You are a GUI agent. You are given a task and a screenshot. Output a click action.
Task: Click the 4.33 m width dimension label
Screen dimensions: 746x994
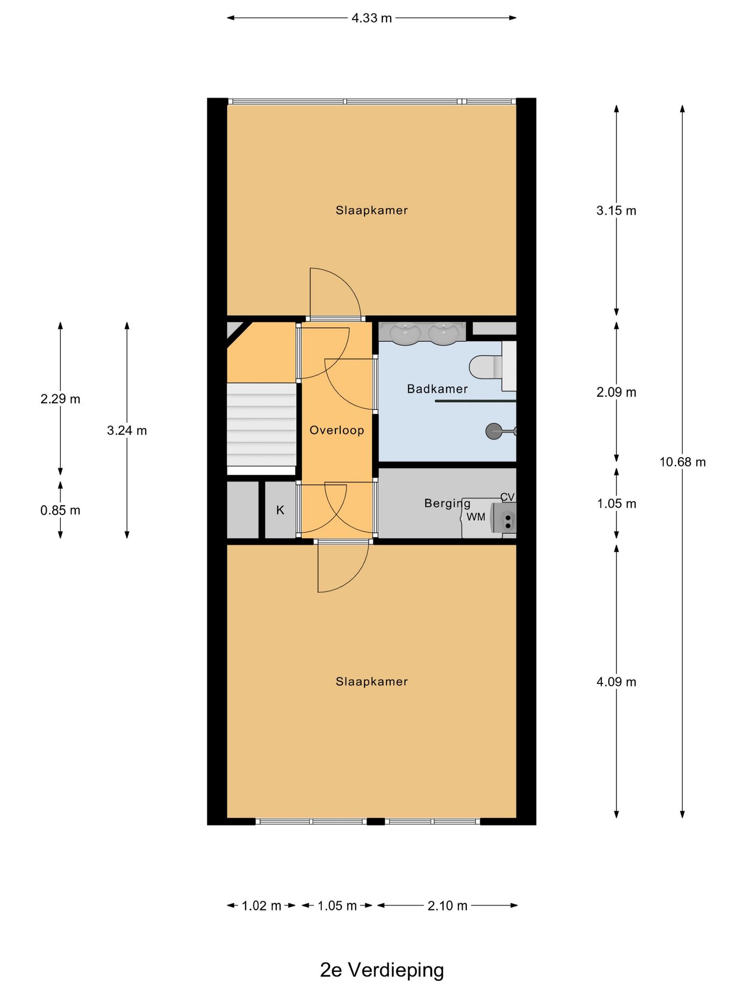[x=371, y=18]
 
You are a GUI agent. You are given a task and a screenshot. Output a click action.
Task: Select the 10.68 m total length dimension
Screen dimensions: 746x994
[x=682, y=462]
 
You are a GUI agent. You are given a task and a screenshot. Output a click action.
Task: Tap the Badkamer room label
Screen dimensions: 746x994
[x=437, y=389]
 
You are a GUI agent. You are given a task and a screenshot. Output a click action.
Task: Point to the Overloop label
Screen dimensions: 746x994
[x=337, y=430]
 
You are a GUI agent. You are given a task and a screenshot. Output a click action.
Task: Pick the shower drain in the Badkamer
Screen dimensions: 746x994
[x=494, y=431]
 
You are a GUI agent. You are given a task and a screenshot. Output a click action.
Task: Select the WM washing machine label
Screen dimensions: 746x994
[x=476, y=517]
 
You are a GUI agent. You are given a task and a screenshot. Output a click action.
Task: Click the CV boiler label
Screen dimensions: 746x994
[x=507, y=497]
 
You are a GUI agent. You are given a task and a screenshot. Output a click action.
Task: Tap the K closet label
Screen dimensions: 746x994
[x=280, y=510]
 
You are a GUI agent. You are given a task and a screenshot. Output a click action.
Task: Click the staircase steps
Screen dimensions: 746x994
[x=261, y=425]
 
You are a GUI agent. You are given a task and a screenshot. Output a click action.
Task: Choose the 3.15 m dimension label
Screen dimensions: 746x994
[x=616, y=211]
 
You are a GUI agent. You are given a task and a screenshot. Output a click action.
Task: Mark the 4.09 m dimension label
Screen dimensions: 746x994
[x=616, y=682]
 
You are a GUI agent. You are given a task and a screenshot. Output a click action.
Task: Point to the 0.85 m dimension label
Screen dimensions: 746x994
[x=60, y=510]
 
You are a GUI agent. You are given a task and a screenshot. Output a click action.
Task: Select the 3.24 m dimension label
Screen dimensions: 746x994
[x=127, y=430]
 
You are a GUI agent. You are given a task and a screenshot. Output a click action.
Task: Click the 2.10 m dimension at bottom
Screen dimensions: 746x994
[x=448, y=905]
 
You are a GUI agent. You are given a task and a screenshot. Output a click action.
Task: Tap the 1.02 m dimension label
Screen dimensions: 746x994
[x=261, y=905]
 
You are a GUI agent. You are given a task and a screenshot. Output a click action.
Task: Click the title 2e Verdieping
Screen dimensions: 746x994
[x=382, y=970]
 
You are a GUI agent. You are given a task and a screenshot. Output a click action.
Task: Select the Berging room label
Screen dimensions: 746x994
[x=447, y=503]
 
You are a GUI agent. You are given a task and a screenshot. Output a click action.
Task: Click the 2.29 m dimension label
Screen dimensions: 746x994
[x=60, y=399]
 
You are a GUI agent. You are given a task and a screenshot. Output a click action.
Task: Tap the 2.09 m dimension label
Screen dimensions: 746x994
[x=616, y=392]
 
